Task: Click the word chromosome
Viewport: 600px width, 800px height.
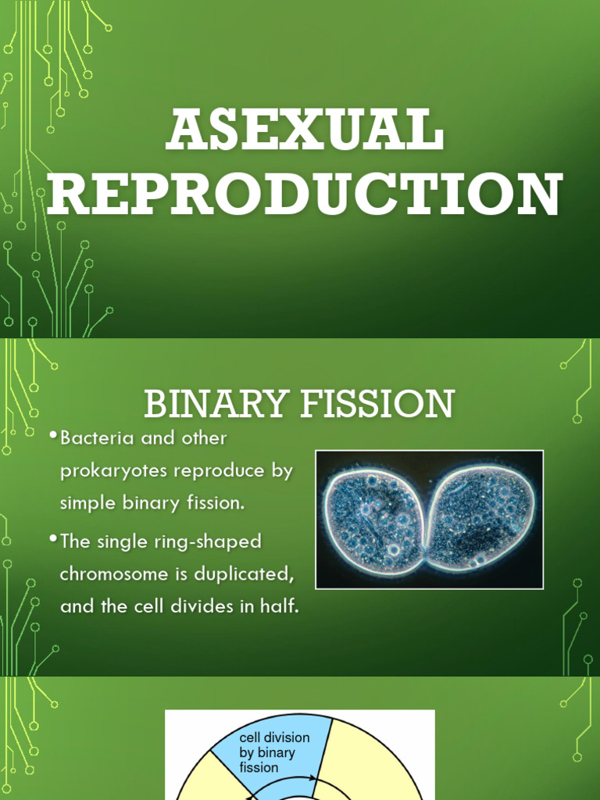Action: [116, 574]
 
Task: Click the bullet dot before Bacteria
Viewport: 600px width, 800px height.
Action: [52, 435]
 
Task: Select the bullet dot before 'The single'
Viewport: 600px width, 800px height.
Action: [52, 538]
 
